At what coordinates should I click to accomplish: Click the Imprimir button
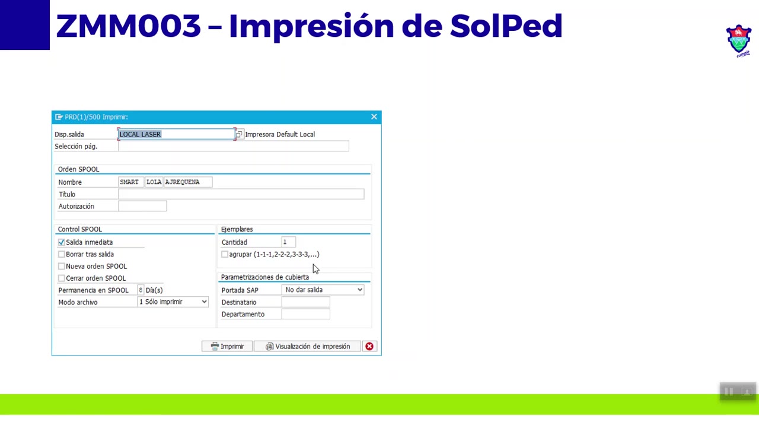[x=227, y=346]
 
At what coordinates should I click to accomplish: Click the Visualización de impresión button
[x=308, y=346]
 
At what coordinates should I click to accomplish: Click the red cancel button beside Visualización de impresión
[x=369, y=346]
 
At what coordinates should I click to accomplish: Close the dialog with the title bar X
[x=374, y=117]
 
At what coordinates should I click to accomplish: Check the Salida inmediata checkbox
[x=62, y=242]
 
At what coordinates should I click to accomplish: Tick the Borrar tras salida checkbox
[x=62, y=254]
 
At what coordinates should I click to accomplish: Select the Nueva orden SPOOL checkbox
[x=62, y=266]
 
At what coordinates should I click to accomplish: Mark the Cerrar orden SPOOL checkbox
[x=62, y=278]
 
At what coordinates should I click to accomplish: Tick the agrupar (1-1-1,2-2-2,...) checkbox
[x=225, y=254]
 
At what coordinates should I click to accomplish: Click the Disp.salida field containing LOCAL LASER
[x=176, y=134]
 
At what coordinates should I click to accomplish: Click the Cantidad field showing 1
[x=288, y=242]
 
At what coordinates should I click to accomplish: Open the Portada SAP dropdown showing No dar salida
[x=324, y=290]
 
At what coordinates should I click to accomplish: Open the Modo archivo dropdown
[x=173, y=302]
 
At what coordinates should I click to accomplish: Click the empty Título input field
[x=241, y=194]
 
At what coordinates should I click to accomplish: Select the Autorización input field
[x=142, y=206]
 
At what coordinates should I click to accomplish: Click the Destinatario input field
[x=305, y=302]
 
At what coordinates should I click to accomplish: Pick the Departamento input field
[x=305, y=314]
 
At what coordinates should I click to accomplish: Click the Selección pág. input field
[x=234, y=146]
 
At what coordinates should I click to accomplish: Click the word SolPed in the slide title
[x=506, y=26]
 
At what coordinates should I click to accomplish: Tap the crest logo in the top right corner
[x=739, y=40]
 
